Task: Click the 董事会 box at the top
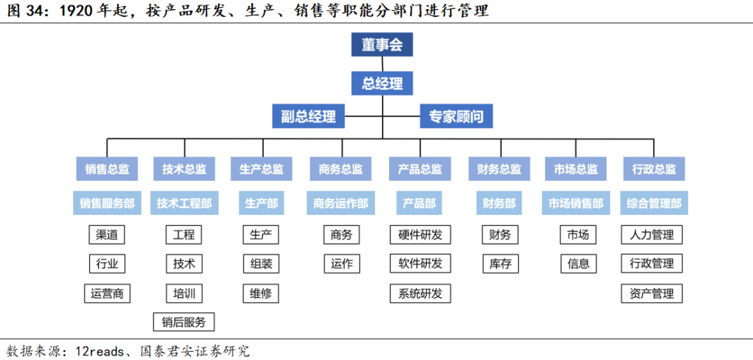382,45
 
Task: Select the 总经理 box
382,84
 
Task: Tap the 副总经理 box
308,116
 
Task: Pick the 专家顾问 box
456,116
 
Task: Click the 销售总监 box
107,169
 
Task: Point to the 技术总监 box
184,169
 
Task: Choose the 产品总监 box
420,169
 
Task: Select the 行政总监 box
654,169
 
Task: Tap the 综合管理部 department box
654,203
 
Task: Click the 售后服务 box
184,322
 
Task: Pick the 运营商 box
107,293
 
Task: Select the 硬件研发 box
420,234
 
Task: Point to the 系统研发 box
420,293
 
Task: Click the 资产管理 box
652,293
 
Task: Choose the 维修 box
261,293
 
